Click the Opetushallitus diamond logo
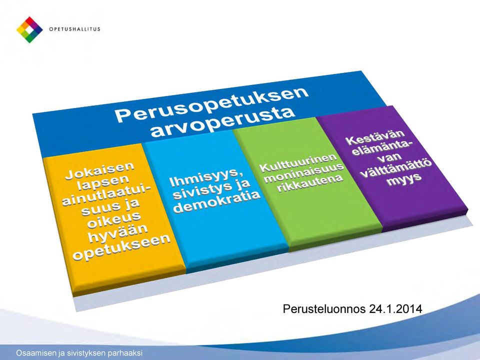[29, 29]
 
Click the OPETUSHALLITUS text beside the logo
[74, 29]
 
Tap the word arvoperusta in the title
[222, 122]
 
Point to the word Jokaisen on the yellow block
[100, 171]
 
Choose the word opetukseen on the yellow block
[121, 246]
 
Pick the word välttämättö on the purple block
[396, 169]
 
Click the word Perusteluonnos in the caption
[324, 309]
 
